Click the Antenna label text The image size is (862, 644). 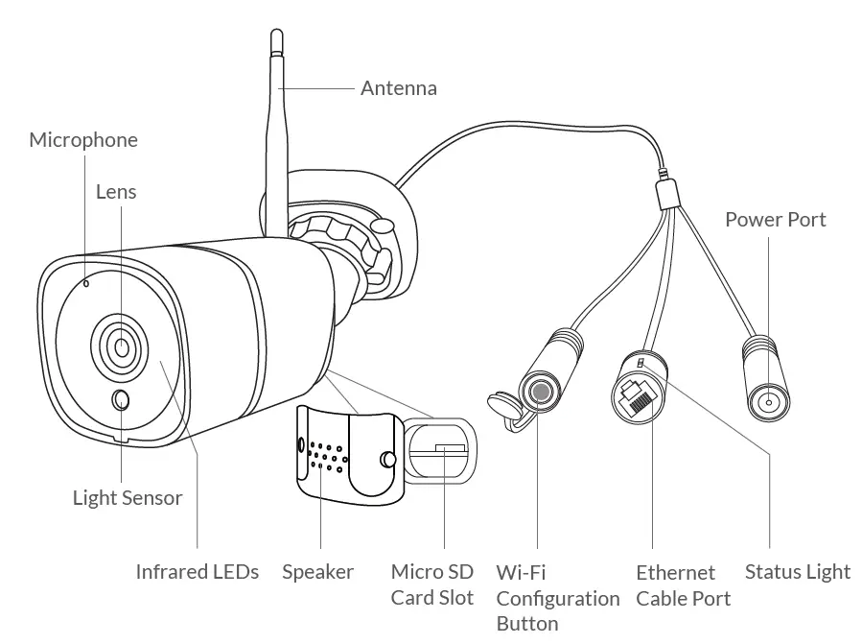coord(398,88)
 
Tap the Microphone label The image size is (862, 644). coord(83,140)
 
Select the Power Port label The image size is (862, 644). coord(775,220)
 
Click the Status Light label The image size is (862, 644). coord(797,572)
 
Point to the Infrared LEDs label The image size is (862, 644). coord(197,572)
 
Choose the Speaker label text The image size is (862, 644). coord(317,572)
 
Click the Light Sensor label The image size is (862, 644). coord(127,497)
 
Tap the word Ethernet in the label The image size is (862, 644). coord(675,572)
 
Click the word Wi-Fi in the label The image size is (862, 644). coord(521,572)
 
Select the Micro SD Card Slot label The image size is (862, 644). coord(431,584)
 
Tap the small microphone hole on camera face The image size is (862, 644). coord(86,283)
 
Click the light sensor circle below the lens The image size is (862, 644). coord(122,400)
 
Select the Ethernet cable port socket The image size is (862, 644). coord(638,394)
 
